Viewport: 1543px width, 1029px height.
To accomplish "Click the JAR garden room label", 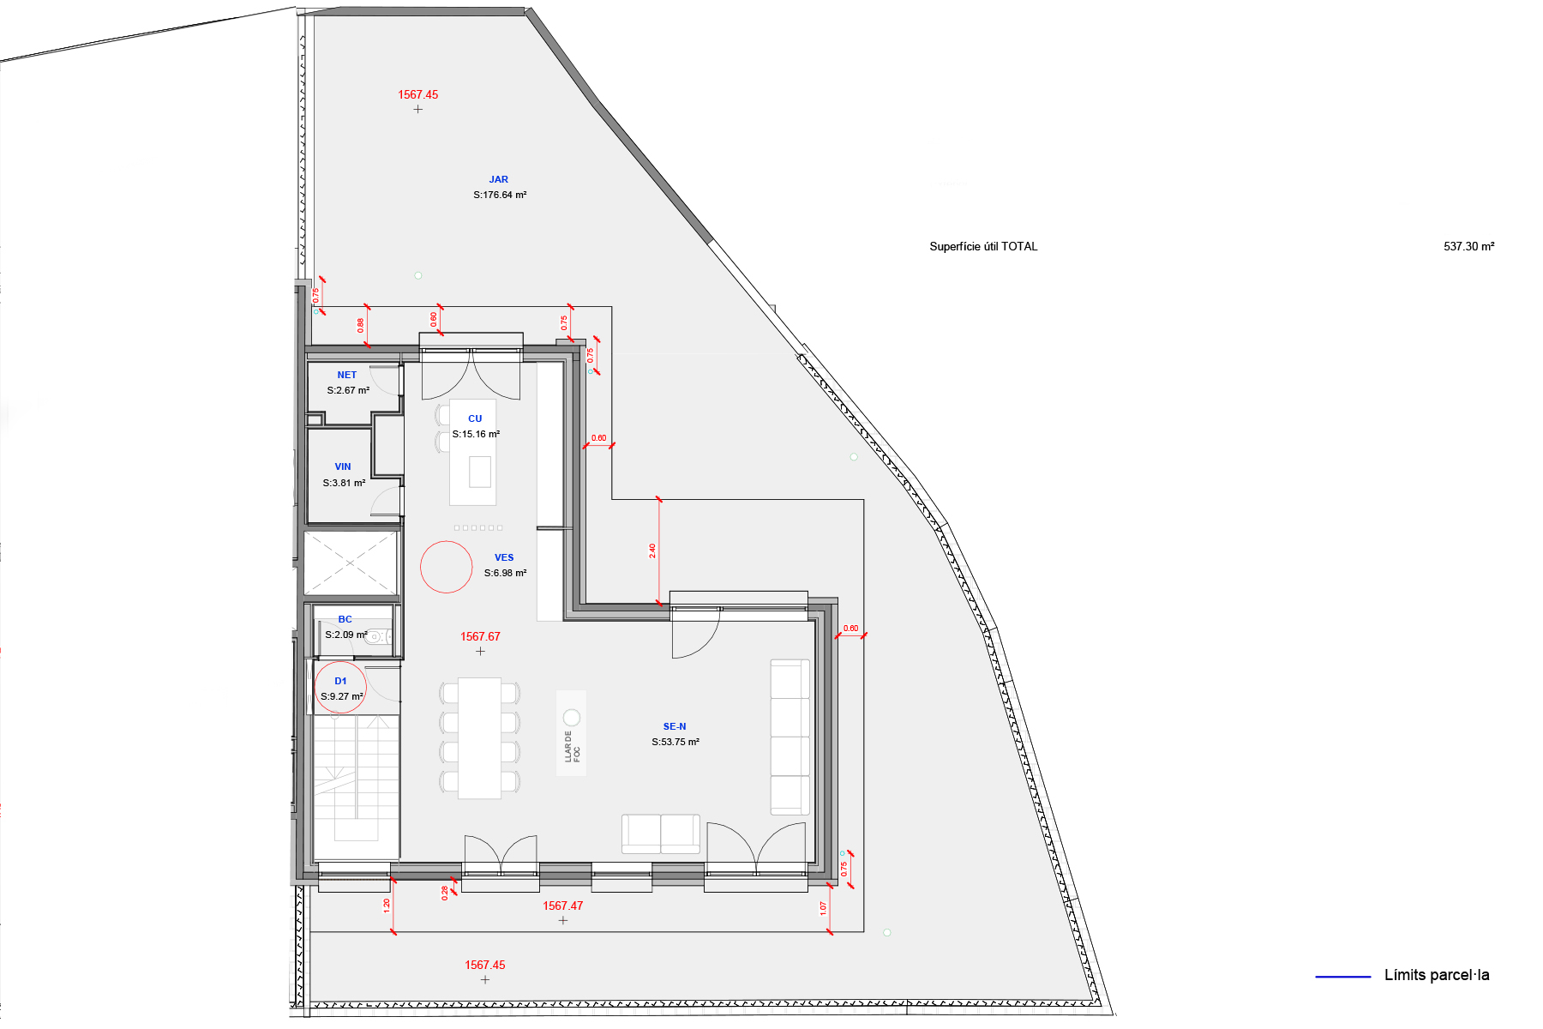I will click(x=498, y=179).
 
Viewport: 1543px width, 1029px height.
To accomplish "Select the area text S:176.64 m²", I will click(x=500, y=195).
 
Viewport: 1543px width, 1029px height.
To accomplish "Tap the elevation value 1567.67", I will click(x=480, y=636).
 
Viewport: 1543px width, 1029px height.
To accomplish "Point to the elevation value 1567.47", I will click(x=562, y=906).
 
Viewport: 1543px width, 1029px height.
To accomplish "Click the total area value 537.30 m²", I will click(x=1468, y=246).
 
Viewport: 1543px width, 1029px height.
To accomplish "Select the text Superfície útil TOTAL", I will click(x=983, y=246).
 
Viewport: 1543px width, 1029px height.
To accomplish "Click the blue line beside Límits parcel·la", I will click(x=1342, y=976).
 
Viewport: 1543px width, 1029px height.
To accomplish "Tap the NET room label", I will click(x=346, y=375).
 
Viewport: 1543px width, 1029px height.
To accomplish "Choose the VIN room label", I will click(x=343, y=466).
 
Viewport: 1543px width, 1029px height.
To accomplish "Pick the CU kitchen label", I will click(x=475, y=418).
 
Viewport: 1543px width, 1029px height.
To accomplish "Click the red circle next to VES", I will click(x=446, y=567).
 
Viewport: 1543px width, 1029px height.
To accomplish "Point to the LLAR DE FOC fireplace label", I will click(x=572, y=746).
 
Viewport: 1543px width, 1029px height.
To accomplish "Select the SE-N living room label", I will click(x=675, y=726).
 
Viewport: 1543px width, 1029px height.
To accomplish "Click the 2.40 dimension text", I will click(x=652, y=551).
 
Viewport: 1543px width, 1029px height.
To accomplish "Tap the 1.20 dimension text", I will click(x=387, y=904).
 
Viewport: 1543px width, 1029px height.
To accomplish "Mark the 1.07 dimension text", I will click(x=823, y=907).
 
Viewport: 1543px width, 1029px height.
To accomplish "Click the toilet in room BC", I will click(x=380, y=636).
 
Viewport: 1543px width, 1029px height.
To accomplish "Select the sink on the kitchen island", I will click(x=480, y=472).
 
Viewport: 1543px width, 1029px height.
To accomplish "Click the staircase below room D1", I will click(x=356, y=785).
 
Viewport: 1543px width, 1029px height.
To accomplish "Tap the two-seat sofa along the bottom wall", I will click(x=661, y=833).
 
